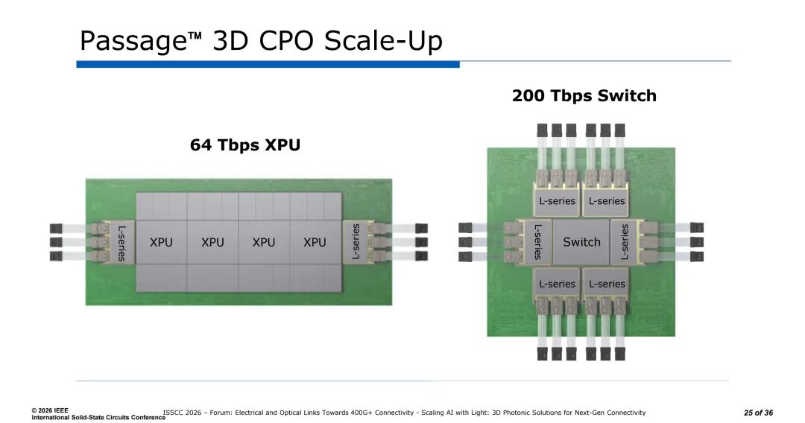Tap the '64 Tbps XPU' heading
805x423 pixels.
click(x=245, y=145)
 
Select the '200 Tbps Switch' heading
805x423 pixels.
click(x=584, y=96)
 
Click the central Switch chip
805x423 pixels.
click(x=581, y=242)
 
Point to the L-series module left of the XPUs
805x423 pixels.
click(x=121, y=242)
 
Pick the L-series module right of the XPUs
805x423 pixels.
click(x=356, y=242)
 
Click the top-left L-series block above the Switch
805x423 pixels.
click(x=557, y=200)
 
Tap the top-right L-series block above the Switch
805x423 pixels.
click(x=607, y=200)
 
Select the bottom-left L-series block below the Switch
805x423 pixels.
click(x=557, y=284)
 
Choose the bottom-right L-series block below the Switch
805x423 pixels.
click(x=607, y=284)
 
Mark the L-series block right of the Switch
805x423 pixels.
click(x=625, y=242)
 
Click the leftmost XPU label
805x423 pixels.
click(x=161, y=242)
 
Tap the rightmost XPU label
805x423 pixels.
click(x=315, y=242)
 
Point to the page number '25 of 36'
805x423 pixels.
click(x=758, y=413)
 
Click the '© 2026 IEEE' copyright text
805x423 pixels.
click(x=50, y=410)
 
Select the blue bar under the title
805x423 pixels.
click(x=268, y=65)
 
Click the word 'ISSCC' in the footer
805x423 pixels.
click(x=174, y=413)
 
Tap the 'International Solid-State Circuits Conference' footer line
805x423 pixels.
click(x=98, y=418)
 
